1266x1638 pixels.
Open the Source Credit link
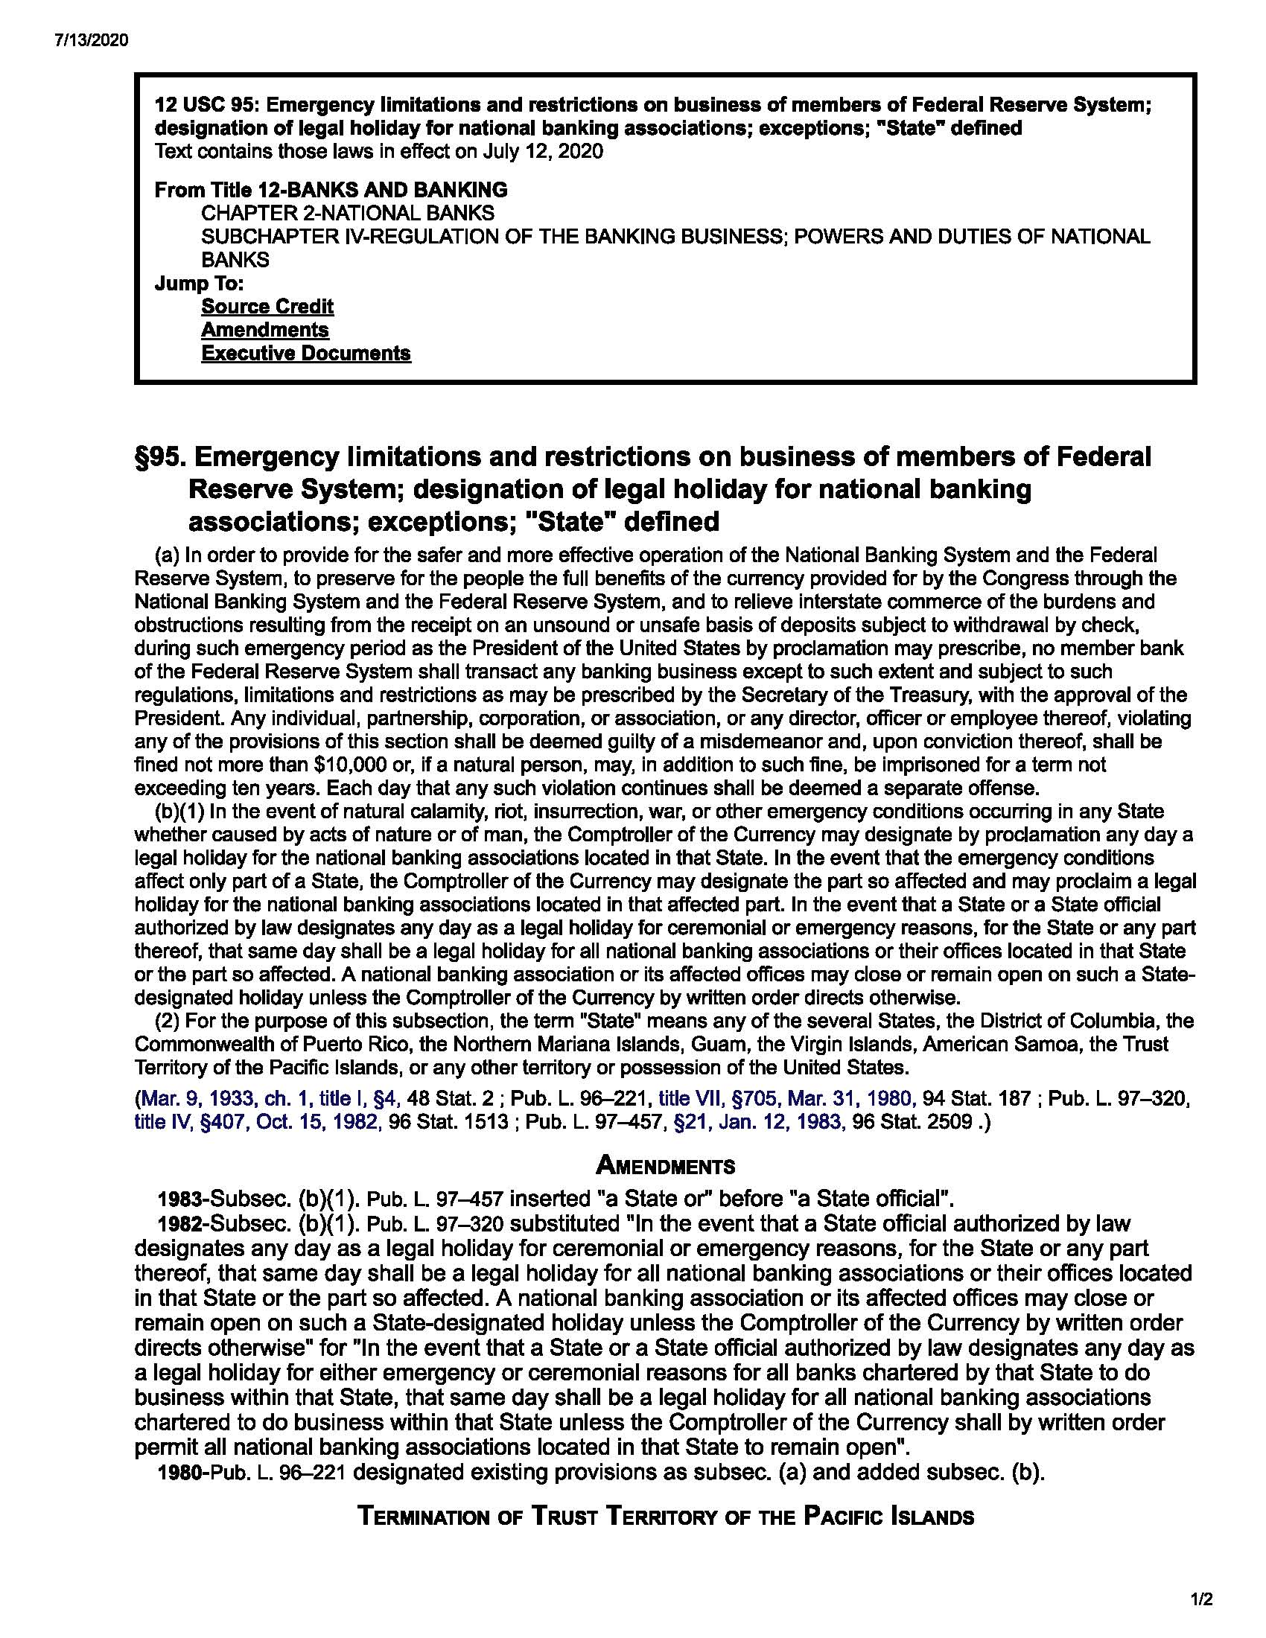click(267, 307)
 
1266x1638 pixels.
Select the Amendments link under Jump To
click(265, 330)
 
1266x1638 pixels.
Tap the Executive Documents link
click(306, 353)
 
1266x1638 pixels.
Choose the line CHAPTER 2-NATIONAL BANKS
click(347, 213)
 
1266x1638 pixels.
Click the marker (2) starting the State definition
click(167, 1021)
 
